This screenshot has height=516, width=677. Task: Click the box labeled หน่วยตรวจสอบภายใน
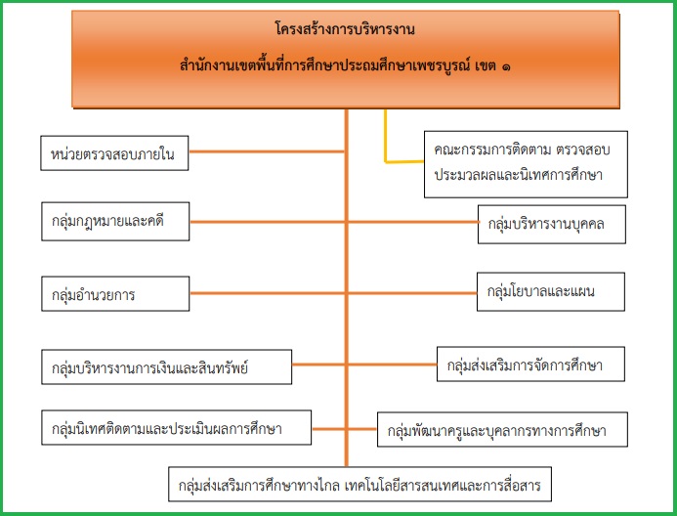[x=114, y=153]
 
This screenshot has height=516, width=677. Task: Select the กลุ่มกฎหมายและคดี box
[x=115, y=221]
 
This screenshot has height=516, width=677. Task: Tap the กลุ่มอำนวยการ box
[x=115, y=293]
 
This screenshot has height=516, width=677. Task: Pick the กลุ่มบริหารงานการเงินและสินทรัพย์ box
[x=167, y=367]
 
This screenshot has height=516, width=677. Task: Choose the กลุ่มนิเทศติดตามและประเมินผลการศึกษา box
[x=176, y=427]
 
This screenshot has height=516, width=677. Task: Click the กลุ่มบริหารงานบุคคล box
[x=552, y=225]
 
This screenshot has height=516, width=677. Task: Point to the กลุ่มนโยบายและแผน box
[x=551, y=291]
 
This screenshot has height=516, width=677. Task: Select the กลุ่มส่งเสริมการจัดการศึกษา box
[x=530, y=364]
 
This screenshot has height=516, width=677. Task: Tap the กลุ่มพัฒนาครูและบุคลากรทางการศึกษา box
[x=502, y=429]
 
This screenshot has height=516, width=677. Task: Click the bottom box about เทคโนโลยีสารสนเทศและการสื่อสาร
[x=360, y=484]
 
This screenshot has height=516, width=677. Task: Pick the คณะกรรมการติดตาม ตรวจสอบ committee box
[x=526, y=164]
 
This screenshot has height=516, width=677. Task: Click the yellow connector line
[x=386, y=161]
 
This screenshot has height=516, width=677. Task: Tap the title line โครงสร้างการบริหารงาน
[x=345, y=29]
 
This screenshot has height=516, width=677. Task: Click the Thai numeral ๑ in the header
[x=506, y=66]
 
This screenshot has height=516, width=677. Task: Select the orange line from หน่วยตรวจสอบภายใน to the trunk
[x=267, y=151]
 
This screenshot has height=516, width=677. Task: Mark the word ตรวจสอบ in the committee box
[x=583, y=150]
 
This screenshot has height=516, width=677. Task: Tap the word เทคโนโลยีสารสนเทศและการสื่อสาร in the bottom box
[x=443, y=486]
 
